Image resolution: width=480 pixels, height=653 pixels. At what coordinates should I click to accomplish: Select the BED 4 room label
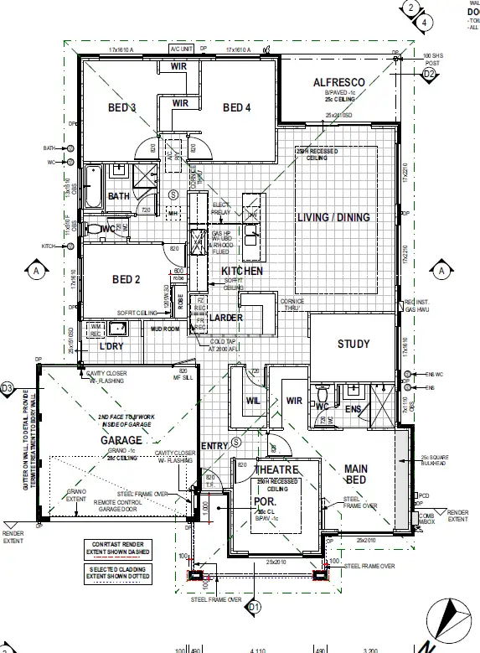pyautogui.click(x=237, y=107)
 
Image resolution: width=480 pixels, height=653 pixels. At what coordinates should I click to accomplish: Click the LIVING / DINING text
pyautogui.click(x=333, y=218)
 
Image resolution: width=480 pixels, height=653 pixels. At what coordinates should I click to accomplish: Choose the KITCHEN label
pyautogui.click(x=242, y=272)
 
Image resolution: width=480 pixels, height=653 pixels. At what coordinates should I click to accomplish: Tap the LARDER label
pyautogui.click(x=225, y=318)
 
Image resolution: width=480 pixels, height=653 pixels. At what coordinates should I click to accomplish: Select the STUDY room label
pyautogui.click(x=354, y=344)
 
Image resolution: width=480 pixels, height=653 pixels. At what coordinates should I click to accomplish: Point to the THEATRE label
pyautogui.click(x=271, y=470)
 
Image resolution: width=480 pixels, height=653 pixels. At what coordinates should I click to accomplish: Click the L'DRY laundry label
pyautogui.click(x=112, y=346)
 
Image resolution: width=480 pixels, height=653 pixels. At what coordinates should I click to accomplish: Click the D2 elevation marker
pyautogui.click(x=430, y=75)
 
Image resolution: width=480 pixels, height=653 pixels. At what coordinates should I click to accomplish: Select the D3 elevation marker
pyautogui.click(x=8, y=388)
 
